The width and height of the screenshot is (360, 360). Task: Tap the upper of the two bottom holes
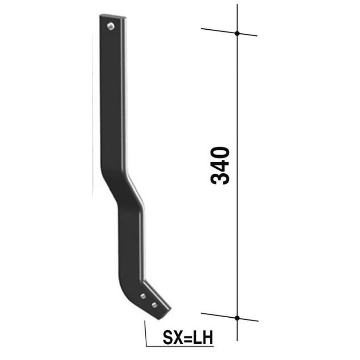pyautogui.click(x=143, y=296)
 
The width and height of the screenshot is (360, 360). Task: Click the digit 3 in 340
pyautogui.click(x=220, y=177)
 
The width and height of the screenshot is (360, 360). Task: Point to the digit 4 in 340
pyautogui.click(x=220, y=164)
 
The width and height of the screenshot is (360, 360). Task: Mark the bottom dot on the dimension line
pyautogui.click(x=237, y=318)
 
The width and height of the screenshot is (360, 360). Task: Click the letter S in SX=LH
pyautogui.click(x=167, y=337)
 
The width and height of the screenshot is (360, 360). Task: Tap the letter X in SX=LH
pyautogui.click(x=179, y=337)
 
